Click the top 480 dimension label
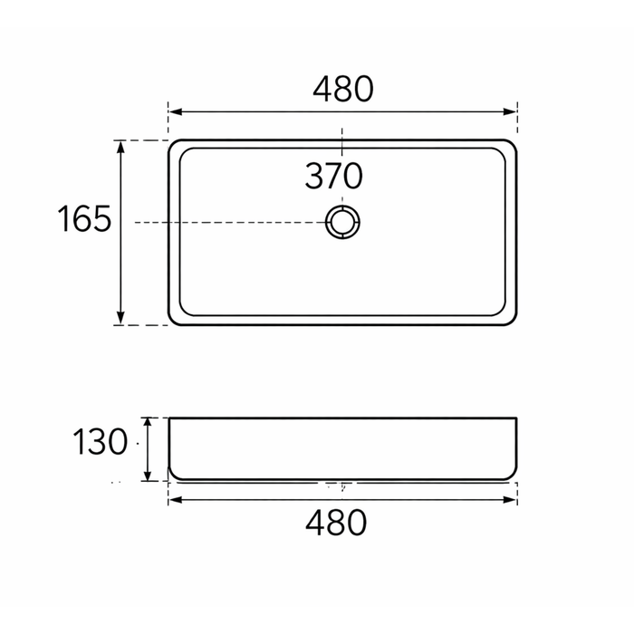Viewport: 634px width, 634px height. tap(343, 89)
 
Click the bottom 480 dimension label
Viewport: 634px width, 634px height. tap(336, 523)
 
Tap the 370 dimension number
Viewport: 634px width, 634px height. tap(333, 176)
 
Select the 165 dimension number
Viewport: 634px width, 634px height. tap(84, 218)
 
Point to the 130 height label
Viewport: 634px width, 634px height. tap(100, 442)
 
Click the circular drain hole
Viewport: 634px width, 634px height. tap(342, 207)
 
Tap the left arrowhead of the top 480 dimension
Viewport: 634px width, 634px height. tap(175, 111)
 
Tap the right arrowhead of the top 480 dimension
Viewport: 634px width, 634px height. tap(510, 111)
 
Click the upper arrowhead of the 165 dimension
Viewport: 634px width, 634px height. tap(120, 147)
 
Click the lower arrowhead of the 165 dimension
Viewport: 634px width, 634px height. tap(120, 318)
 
